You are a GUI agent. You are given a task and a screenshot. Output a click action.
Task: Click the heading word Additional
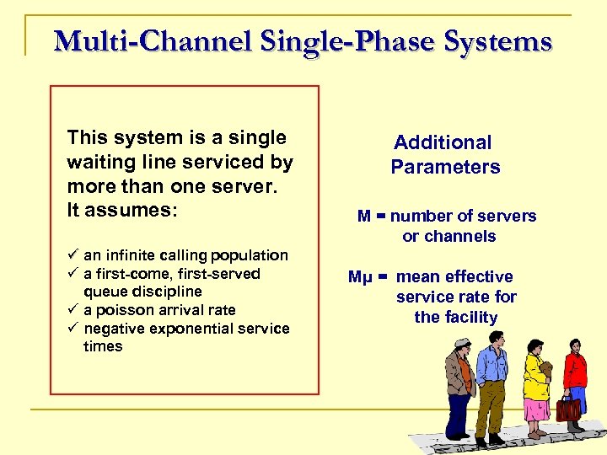tap(443, 142)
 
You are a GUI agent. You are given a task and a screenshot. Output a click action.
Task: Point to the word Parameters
tap(445, 167)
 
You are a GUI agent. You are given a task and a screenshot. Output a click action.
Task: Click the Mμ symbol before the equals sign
tap(360, 277)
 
